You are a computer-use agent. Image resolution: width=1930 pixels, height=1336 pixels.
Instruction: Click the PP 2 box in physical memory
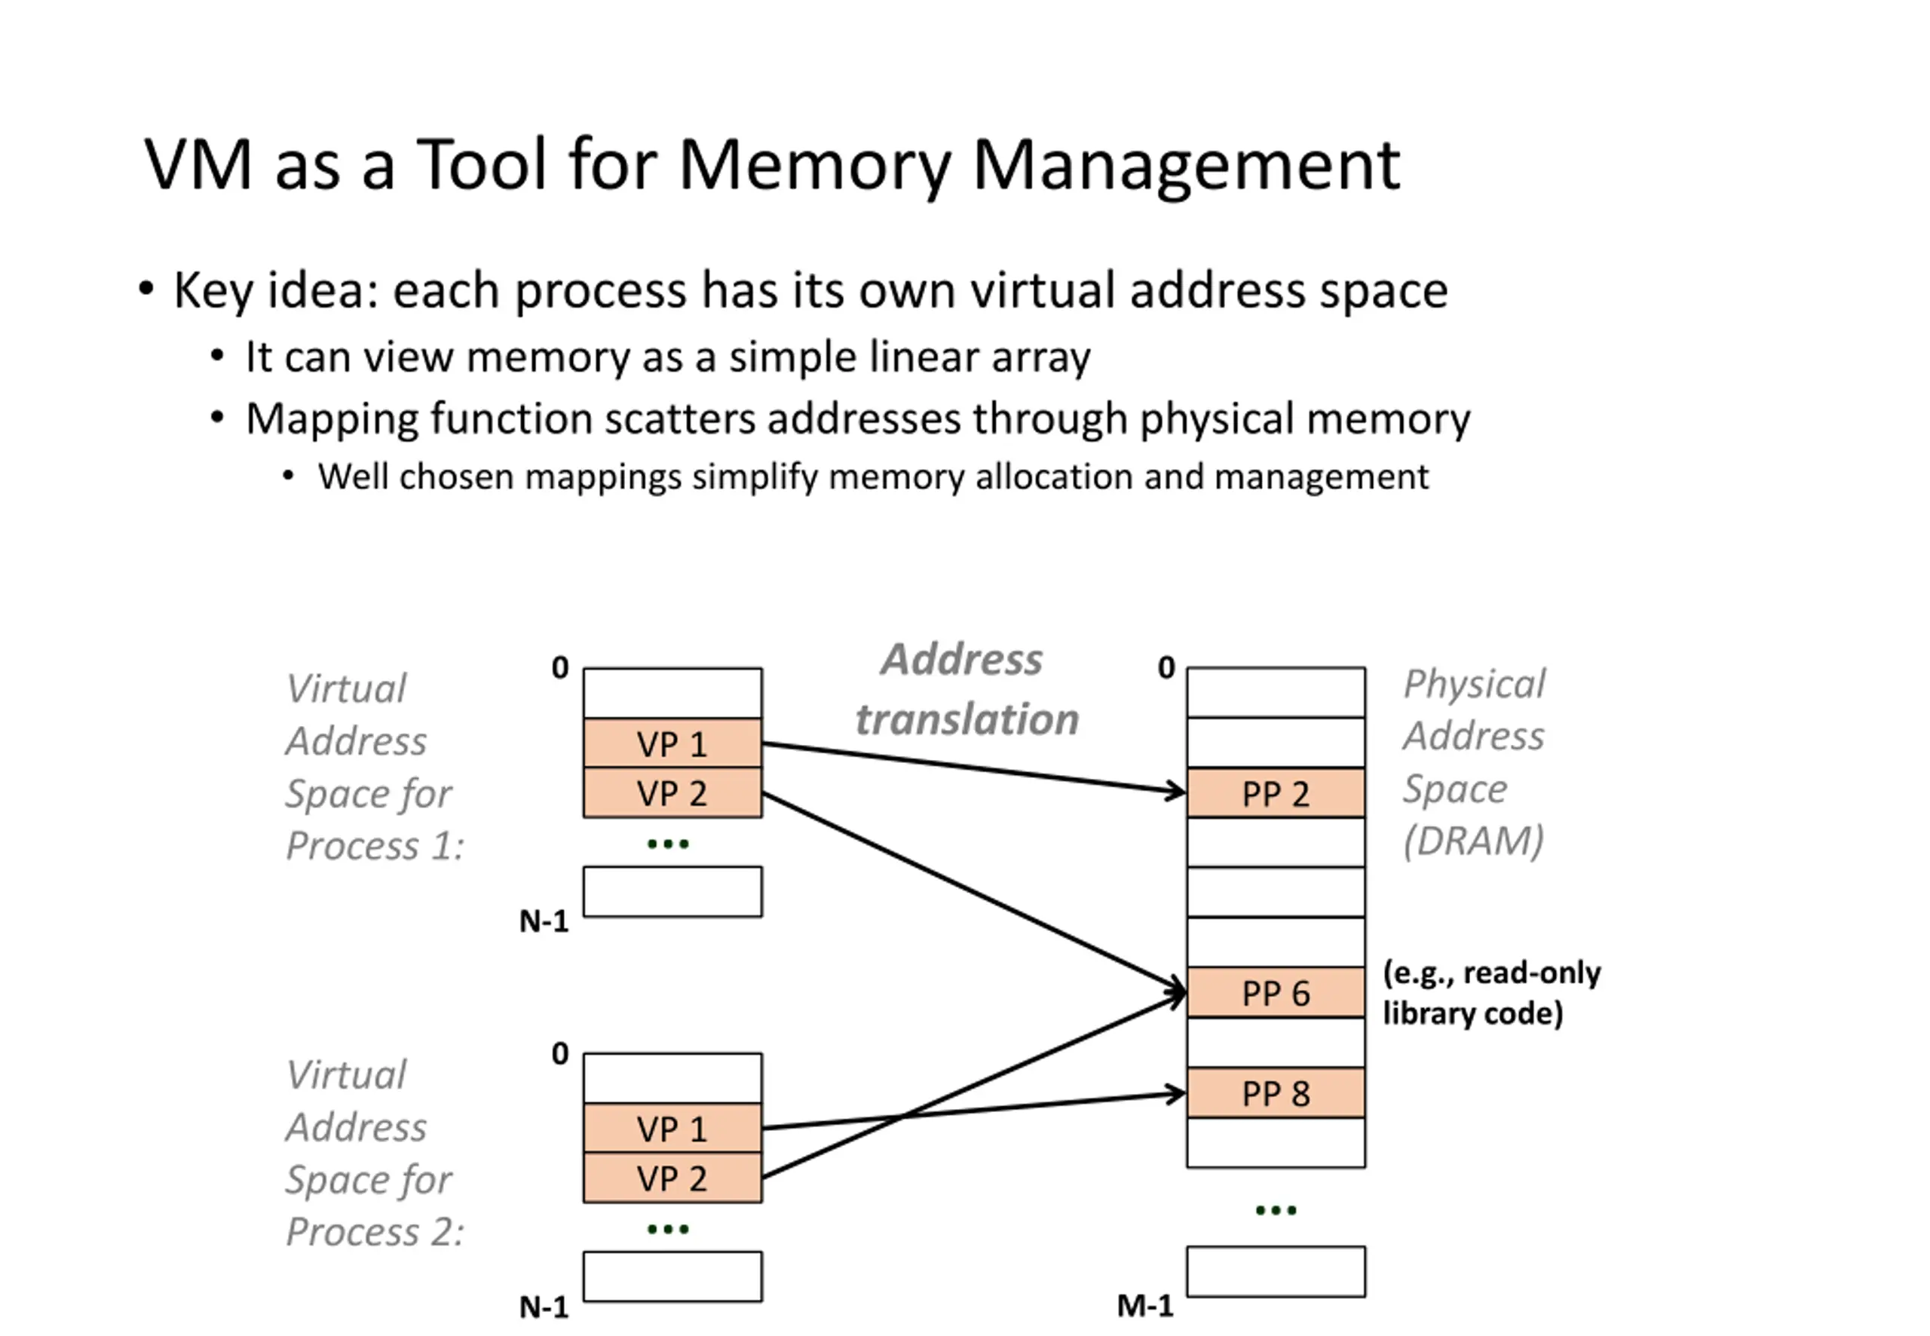[x=1275, y=792]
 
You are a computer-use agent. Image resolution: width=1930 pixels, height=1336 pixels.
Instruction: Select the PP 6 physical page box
[x=1275, y=993]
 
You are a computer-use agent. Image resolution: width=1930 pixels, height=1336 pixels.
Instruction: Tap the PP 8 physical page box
[x=1275, y=1093]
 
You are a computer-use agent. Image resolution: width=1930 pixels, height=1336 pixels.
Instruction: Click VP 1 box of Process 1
[x=672, y=743]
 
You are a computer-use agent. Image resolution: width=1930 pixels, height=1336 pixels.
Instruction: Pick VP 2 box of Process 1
[x=672, y=792]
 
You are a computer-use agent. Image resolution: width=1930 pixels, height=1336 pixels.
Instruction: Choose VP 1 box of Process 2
[x=672, y=1129]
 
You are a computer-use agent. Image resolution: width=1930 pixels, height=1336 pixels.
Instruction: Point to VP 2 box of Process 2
[x=672, y=1178]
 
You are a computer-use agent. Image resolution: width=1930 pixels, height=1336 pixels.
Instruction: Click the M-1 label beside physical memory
[x=1145, y=1305]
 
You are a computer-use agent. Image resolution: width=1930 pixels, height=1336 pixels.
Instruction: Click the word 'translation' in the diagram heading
[x=967, y=719]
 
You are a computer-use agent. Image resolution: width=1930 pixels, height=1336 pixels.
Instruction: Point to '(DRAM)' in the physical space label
[x=1473, y=841]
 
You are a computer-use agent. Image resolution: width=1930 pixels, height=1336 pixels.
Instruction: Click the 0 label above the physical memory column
[x=1166, y=668]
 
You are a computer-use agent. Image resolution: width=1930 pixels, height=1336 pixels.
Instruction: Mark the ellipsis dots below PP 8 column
[x=1275, y=1210]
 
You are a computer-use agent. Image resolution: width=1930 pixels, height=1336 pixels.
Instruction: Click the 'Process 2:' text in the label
[x=375, y=1232]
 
